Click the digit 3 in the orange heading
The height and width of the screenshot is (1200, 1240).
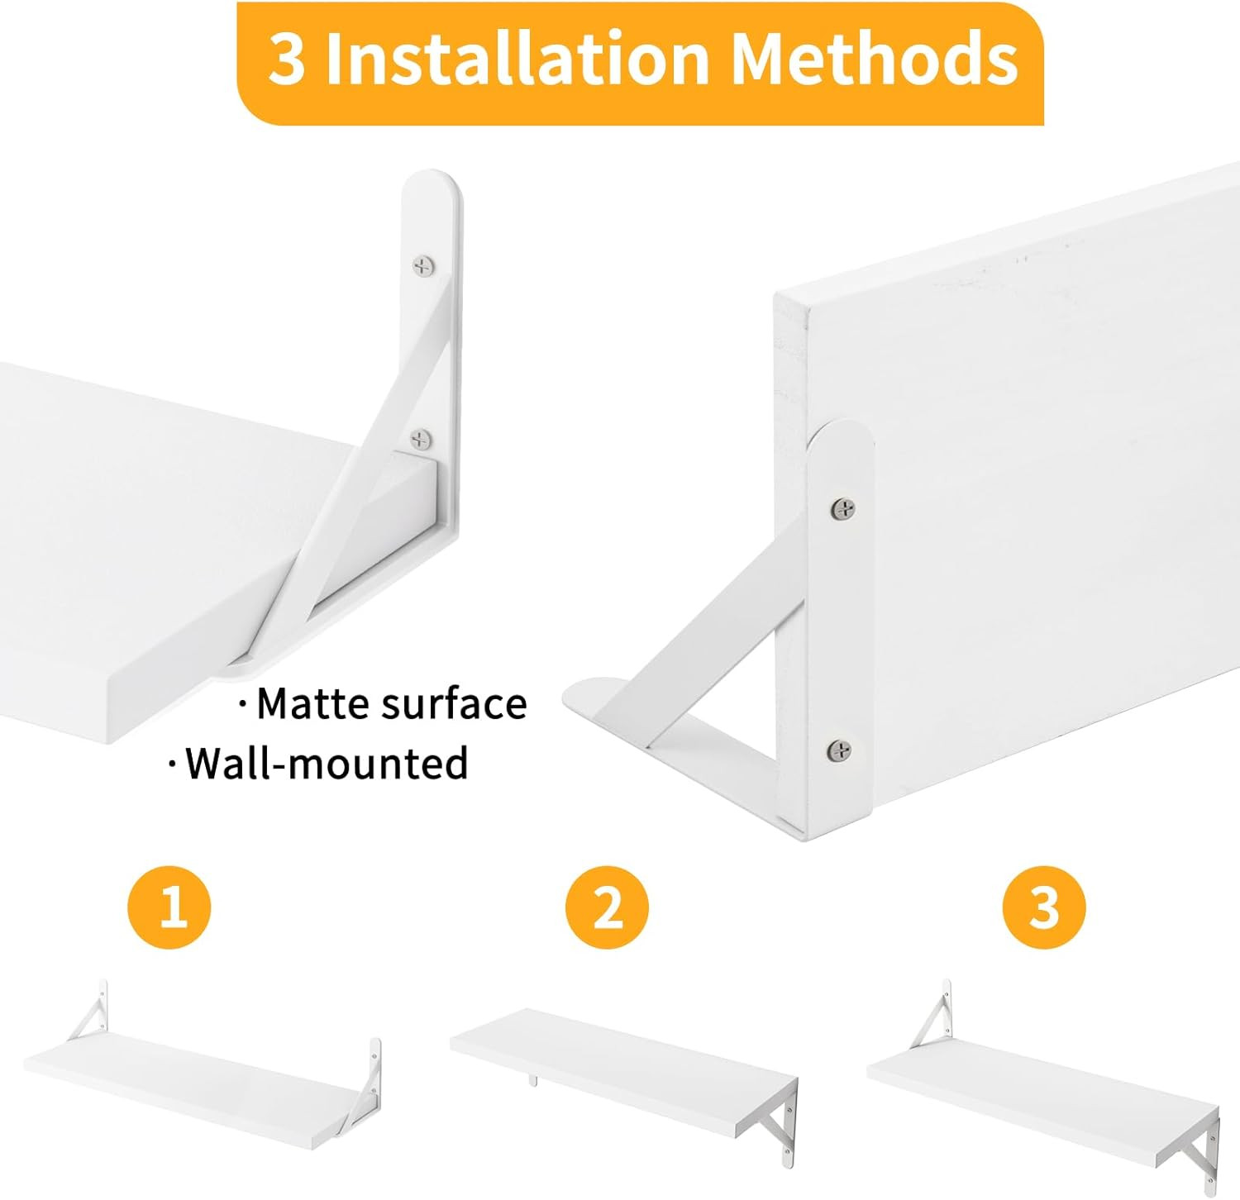(287, 60)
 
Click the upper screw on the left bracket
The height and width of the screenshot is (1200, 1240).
(423, 265)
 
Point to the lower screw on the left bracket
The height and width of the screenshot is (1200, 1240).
(422, 439)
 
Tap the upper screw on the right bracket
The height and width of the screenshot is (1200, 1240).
(842, 509)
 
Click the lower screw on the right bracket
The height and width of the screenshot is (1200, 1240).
(840, 750)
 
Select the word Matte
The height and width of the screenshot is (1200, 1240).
(313, 704)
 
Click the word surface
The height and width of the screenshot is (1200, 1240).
(454, 704)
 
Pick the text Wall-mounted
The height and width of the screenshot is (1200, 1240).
(326, 763)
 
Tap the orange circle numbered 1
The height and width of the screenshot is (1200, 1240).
(169, 907)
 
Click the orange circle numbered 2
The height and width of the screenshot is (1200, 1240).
(608, 907)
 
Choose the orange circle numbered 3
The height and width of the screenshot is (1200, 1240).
(1044, 907)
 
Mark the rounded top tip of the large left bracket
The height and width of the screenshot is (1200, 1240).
(431, 186)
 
